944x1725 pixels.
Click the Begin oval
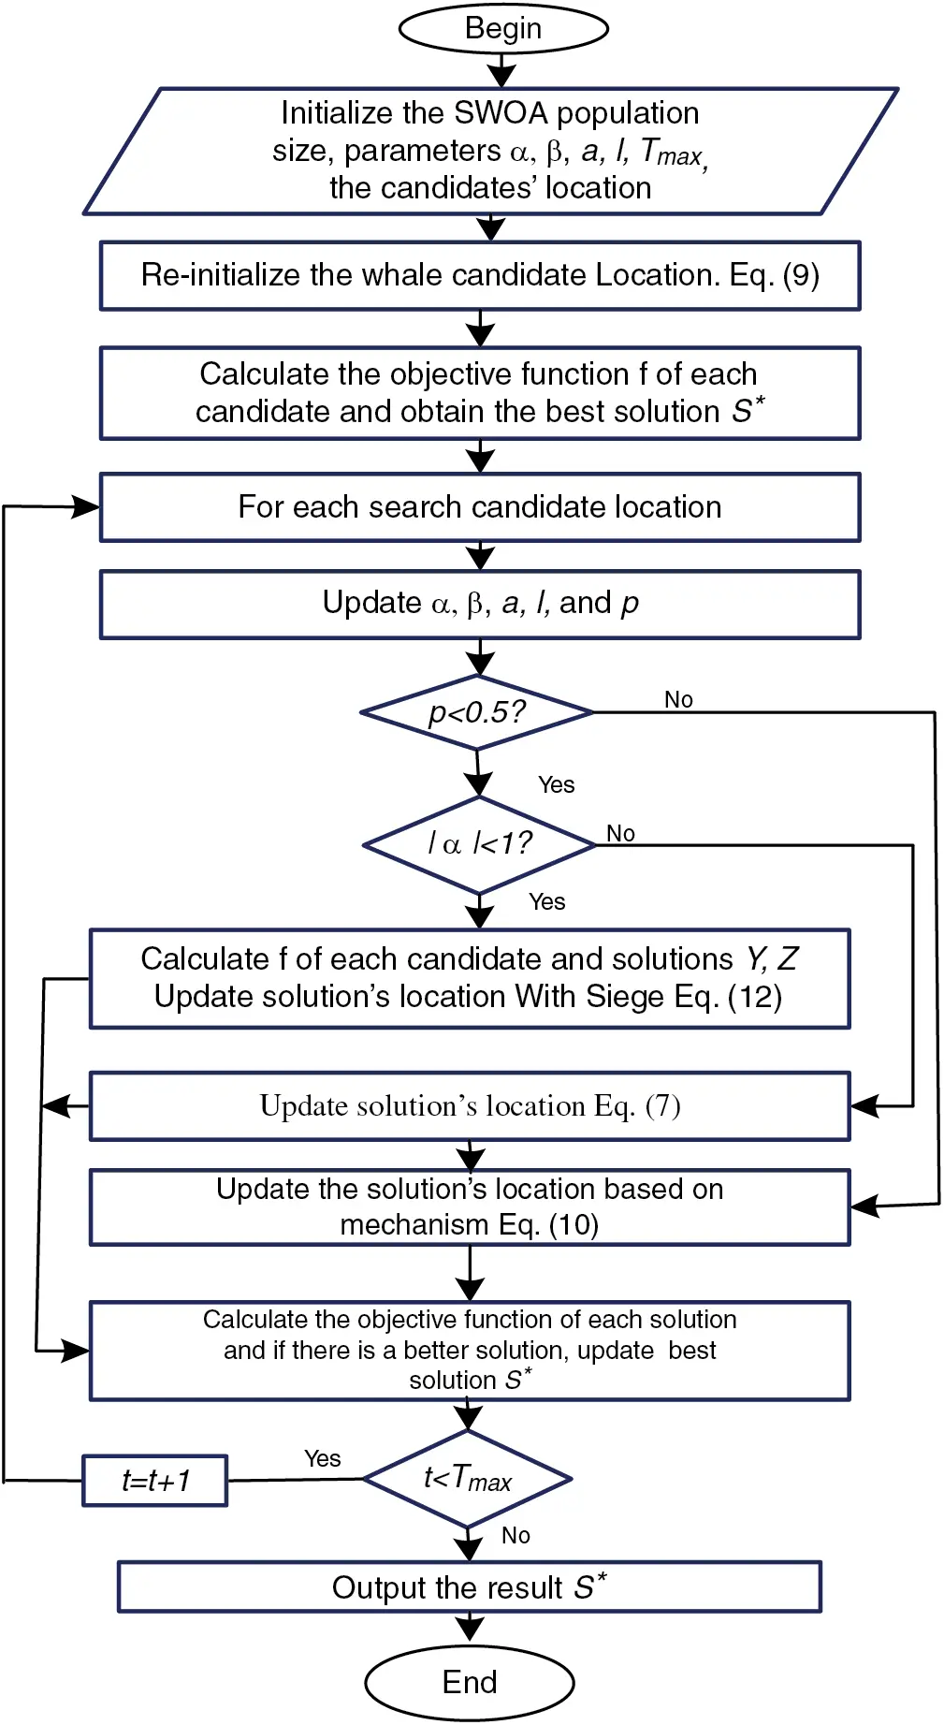[x=503, y=28]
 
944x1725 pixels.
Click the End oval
[x=469, y=1682]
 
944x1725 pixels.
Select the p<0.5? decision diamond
[x=477, y=712]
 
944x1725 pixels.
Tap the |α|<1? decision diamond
[x=479, y=844]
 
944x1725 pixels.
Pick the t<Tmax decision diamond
[x=467, y=1479]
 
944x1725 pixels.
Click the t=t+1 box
[x=155, y=1480]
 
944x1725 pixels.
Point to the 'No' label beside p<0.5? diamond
[x=678, y=699]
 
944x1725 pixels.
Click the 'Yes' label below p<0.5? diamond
[x=556, y=784]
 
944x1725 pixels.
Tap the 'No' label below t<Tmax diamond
[x=516, y=1535]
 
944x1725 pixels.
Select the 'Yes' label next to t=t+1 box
[x=322, y=1458]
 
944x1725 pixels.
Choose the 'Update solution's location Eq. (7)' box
[x=470, y=1105]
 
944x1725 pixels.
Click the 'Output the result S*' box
[x=469, y=1587]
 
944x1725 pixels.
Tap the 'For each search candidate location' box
[x=479, y=506]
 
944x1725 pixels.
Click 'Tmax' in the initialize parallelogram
[x=671, y=152]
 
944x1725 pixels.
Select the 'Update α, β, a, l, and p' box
[x=479, y=604]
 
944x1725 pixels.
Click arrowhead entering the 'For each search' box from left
[x=87, y=507]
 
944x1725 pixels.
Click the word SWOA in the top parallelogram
[x=501, y=113]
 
